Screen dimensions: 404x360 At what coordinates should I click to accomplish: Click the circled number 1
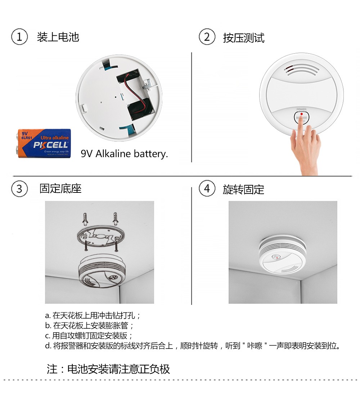click(x=19, y=37)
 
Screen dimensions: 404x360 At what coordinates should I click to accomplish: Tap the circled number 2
click(x=207, y=37)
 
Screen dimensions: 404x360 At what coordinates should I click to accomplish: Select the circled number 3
click(x=19, y=189)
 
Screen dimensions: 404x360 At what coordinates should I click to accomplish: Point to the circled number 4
click(x=207, y=189)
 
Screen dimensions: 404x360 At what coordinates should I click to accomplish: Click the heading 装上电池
click(x=58, y=37)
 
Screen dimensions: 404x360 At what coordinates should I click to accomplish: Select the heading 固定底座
click(x=60, y=189)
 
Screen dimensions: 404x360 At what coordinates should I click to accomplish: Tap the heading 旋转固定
click(x=243, y=189)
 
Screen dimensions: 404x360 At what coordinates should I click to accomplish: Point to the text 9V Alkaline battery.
click(x=124, y=154)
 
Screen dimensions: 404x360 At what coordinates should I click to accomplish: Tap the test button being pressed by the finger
click(x=302, y=117)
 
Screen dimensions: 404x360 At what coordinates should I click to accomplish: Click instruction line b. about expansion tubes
click(x=90, y=325)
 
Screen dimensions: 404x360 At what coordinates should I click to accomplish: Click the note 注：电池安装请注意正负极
click(x=108, y=369)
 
